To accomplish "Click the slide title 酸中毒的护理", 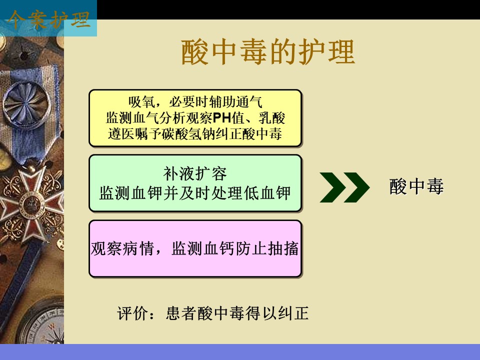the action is [268, 52].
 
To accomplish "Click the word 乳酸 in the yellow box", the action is [272, 118].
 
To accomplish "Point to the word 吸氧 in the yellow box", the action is [141, 102].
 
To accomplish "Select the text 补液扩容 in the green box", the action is [195, 174].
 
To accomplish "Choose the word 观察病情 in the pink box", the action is [122, 248].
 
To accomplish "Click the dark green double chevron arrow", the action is [344, 187].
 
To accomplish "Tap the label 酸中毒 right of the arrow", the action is [416, 186].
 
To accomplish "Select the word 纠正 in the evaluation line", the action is [293, 313].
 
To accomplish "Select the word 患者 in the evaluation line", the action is [181, 313].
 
